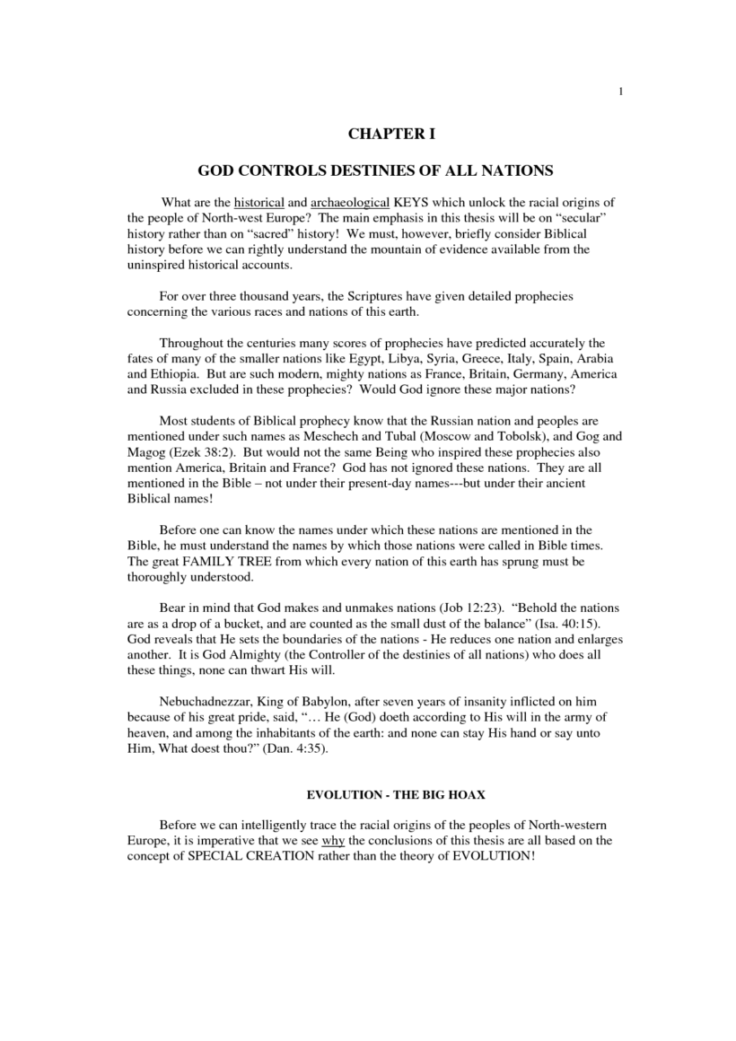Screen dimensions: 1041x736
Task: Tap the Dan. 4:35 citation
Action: (296, 747)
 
